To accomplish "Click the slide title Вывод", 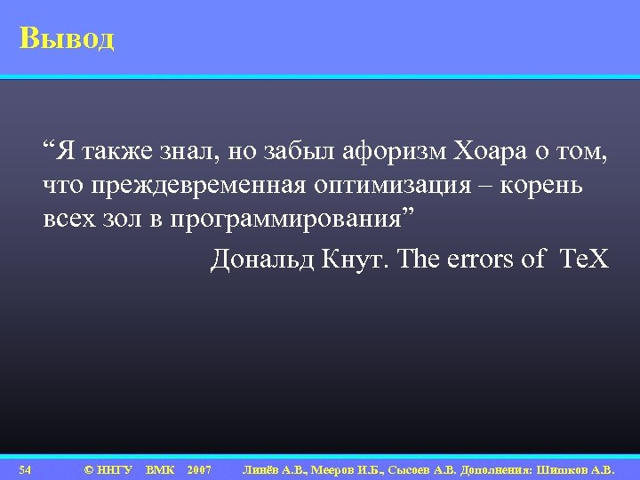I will tap(67, 39).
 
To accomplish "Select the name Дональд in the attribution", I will tap(260, 259).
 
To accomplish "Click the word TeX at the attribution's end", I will tap(584, 259).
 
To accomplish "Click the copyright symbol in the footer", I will tap(88, 468).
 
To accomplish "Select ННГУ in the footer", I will tap(115, 468).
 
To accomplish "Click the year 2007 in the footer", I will tap(199, 468).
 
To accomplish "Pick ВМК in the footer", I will tap(160, 468).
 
